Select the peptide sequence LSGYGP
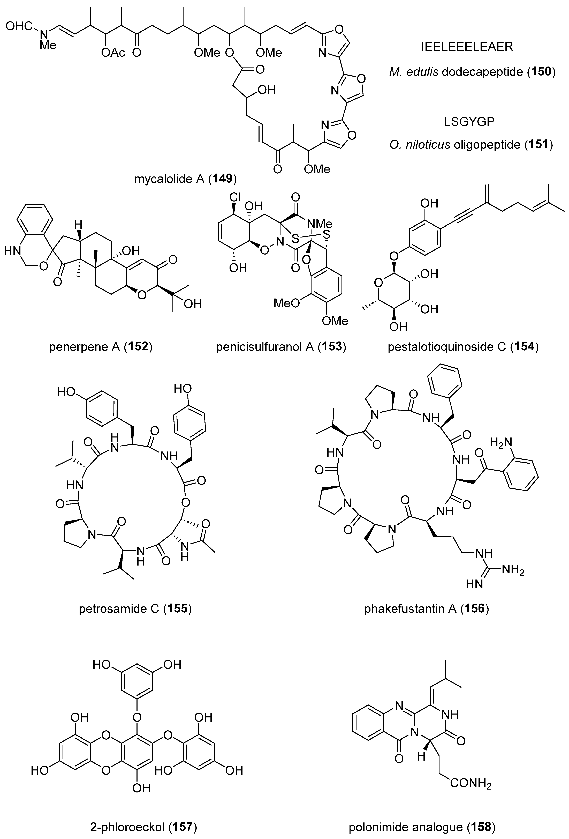pyautogui.click(x=469, y=122)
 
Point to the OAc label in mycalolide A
pyautogui.click(x=113, y=53)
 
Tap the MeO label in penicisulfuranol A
pyautogui.click(x=286, y=302)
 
